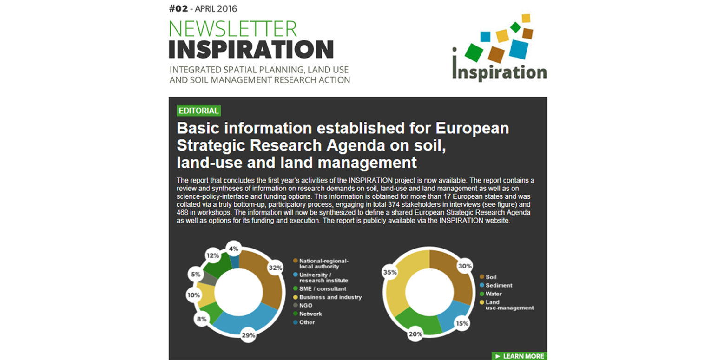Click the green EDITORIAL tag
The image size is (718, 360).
pos(198,111)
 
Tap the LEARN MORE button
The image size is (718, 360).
pos(519,356)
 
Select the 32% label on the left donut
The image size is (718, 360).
pos(275,268)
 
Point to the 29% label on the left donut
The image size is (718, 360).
pos(249,335)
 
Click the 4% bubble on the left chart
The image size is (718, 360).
pos(234,249)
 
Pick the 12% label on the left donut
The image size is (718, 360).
pos(212,255)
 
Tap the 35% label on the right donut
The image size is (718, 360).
pos(390,272)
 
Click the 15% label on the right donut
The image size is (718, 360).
pos(462,323)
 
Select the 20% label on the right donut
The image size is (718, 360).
pos(415,334)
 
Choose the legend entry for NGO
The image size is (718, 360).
pos(303,305)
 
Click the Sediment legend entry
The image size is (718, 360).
pos(496,285)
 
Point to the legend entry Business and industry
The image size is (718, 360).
pos(327,297)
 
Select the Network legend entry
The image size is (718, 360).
pos(307,314)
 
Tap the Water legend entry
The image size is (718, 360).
pos(491,294)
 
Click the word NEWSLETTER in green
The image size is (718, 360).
pos(233,29)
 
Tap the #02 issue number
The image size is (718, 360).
pos(178,9)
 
